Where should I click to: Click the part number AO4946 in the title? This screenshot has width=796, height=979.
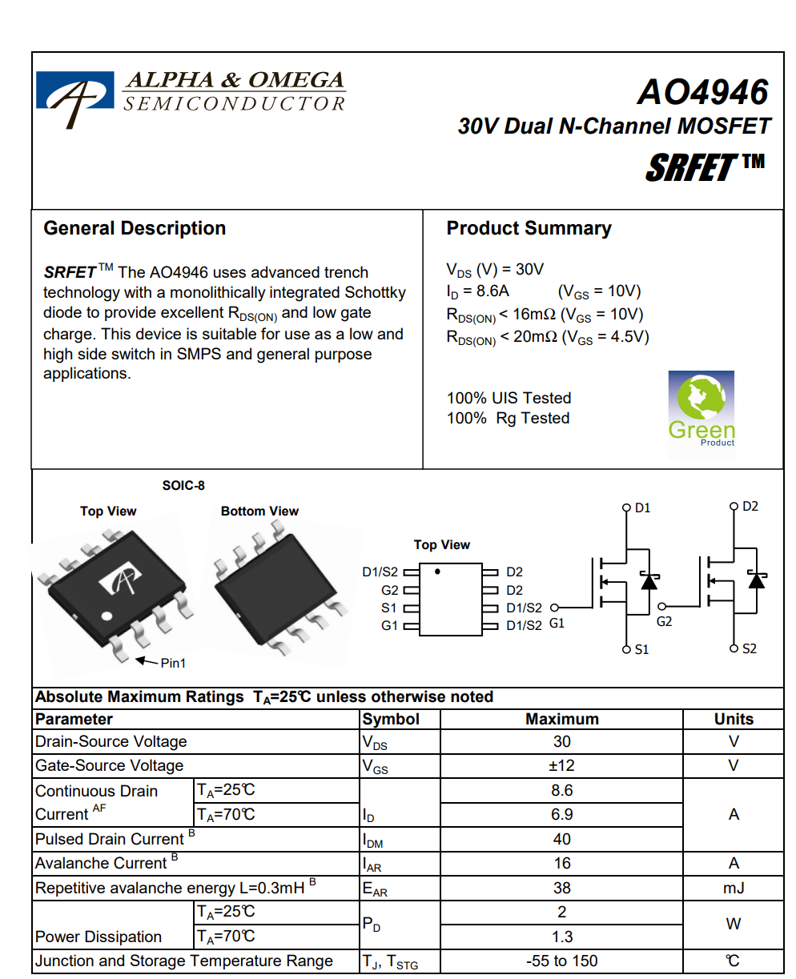(x=702, y=93)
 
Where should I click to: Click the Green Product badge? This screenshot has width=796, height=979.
(x=701, y=409)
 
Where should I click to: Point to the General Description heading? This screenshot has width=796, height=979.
(x=135, y=228)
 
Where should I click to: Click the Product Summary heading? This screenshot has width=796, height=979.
(x=529, y=228)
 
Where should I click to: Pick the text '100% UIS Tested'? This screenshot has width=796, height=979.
(x=509, y=398)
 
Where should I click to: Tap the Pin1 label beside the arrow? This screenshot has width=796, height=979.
(x=174, y=663)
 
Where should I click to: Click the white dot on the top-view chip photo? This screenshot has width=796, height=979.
(x=107, y=616)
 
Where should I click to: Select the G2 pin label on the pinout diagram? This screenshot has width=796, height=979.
(x=390, y=590)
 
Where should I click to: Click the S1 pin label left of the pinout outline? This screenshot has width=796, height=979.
(x=390, y=608)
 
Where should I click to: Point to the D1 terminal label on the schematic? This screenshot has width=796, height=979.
(x=642, y=508)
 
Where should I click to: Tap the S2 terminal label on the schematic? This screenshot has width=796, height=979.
(x=749, y=648)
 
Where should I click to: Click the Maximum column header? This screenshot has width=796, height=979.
(x=561, y=719)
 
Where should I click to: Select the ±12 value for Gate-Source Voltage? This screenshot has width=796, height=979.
(x=561, y=765)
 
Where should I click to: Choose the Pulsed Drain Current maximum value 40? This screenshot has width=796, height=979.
(x=561, y=839)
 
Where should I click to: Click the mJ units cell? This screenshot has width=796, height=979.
(x=733, y=888)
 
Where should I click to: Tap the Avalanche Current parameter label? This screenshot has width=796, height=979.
(x=101, y=863)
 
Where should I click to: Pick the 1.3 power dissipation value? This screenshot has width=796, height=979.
(x=561, y=937)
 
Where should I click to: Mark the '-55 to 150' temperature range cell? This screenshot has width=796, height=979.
(x=561, y=961)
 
